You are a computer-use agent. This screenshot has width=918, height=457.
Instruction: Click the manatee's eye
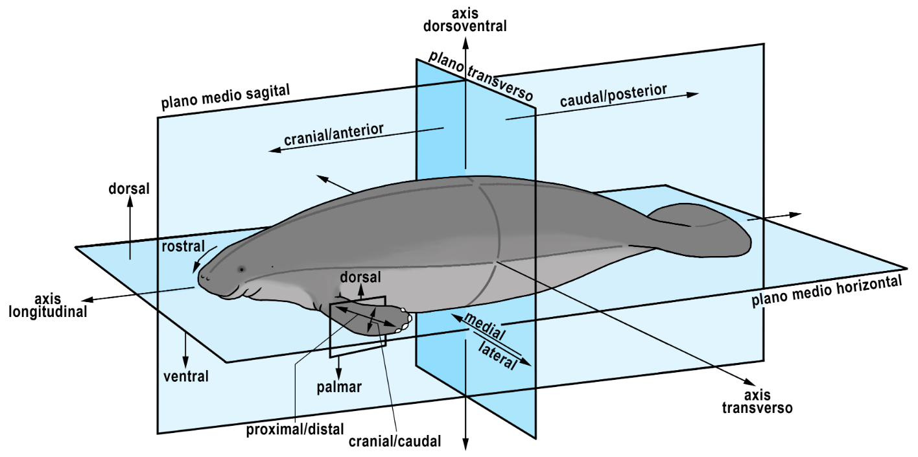coord(241,269)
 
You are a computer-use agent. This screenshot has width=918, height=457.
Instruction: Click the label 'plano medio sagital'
coord(226,97)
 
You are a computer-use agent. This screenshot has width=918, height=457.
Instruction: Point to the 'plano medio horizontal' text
coord(827,290)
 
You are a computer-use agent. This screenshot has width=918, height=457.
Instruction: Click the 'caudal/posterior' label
coord(613,95)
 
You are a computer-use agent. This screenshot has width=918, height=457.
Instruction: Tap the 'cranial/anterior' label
coord(334,134)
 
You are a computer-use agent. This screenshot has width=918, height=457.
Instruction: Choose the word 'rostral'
coord(183,246)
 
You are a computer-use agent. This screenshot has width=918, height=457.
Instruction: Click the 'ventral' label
coord(186,376)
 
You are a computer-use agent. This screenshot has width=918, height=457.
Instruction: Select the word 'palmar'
coord(339,387)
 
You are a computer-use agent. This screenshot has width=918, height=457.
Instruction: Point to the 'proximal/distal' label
coord(295,430)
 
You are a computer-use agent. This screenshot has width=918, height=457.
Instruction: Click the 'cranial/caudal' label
coord(395,441)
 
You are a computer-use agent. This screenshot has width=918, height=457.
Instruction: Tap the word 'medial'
coord(485,327)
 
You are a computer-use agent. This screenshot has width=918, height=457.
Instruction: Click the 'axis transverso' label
coord(757,402)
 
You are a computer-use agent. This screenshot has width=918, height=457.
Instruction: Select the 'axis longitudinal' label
coord(48,305)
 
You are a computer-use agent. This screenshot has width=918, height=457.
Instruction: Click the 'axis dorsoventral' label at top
coord(465,19)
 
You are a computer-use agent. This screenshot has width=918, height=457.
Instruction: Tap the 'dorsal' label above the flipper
coord(360,277)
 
